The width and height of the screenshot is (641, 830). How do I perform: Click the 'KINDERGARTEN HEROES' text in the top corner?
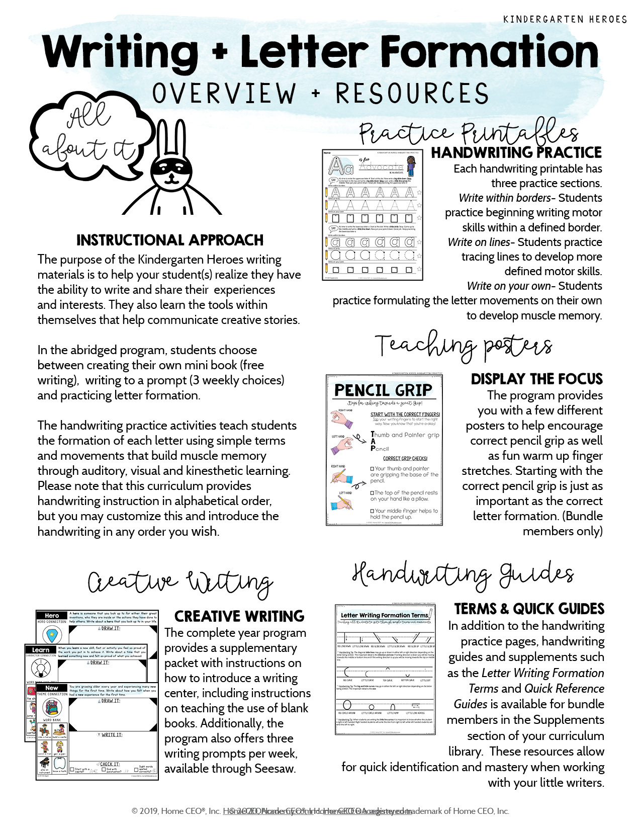(x=565, y=19)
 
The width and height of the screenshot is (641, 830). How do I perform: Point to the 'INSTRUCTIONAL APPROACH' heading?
(x=170, y=240)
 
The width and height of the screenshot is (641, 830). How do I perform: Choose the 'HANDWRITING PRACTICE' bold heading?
(x=516, y=152)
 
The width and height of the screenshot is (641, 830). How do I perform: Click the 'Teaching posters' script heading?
(x=464, y=346)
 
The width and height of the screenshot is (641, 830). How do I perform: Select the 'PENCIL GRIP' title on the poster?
(x=383, y=390)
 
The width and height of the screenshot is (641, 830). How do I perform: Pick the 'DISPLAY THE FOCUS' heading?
(x=536, y=379)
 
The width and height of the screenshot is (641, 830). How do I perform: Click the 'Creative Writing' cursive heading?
(x=180, y=583)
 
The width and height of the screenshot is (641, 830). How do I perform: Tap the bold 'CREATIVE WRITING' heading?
(x=239, y=616)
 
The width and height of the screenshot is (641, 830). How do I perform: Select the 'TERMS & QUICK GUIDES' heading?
(x=529, y=609)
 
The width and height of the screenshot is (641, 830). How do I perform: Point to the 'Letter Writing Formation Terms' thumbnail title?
(x=384, y=615)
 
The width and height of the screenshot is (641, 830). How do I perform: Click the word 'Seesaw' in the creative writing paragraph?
(x=274, y=769)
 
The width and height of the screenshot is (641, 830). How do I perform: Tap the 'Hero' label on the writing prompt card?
(x=52, y=615)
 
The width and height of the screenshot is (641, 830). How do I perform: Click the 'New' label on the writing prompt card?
(x=52, y=688)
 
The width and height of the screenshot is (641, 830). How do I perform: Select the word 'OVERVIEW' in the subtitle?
(x=224, y=94)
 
